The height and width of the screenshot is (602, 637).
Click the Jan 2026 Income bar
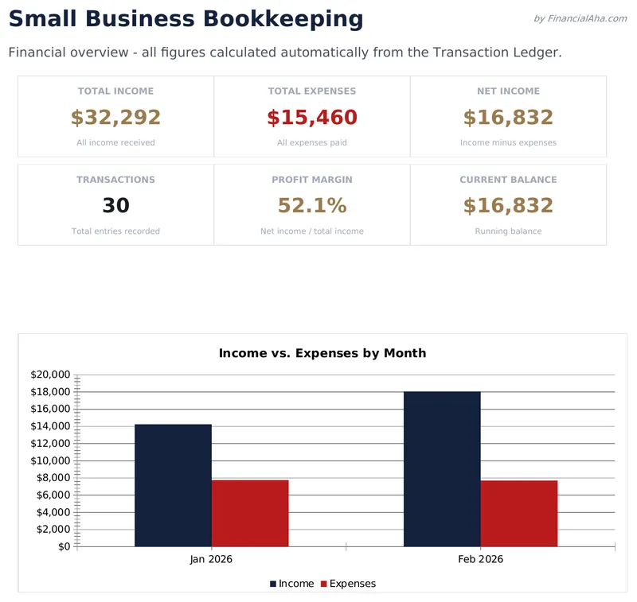click(x=173, y=485)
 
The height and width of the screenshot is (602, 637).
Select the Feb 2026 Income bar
click(x=442, y=469)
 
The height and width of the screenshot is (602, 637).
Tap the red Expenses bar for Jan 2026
click(x=250, y=513)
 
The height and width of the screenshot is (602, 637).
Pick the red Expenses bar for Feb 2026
click(x=519, y=513)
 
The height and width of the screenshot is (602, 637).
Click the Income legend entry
click(x=291, y=584)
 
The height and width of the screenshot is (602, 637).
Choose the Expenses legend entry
click(x=347, y=584)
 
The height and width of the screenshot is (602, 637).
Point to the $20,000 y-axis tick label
click(x=50, y=375)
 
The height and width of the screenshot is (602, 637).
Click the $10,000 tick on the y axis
click(x=50, y=460)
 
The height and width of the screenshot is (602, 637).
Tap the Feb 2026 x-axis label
click(x=480, y=560)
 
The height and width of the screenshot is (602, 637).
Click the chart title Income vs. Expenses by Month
click(x=322, y=353)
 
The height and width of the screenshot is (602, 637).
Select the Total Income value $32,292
click(x=115, y=118)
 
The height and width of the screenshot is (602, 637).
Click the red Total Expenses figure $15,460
click(x=312, y=118)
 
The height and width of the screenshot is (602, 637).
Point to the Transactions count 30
click(x=115, y=206)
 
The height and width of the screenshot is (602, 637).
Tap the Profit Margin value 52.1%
click(x=312, y=206)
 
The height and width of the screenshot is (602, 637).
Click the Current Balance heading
click(x=508, y=180)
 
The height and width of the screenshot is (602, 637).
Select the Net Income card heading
click(x=508, y=91)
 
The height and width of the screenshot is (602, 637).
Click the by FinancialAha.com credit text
click(x=580, y=18)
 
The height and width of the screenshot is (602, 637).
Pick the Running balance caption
click(x=508, y=231)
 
